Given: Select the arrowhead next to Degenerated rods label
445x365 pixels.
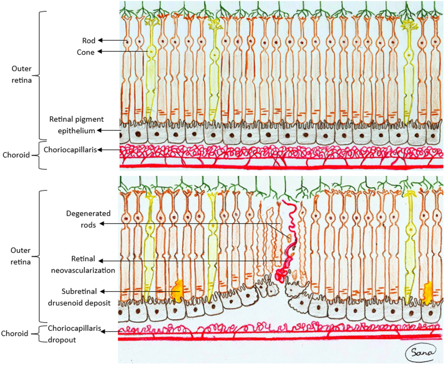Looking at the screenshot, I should pyautogui.click(x=102, y=224).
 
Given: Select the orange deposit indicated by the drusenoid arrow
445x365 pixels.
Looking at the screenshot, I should pyautogui.click(x=178, y=290).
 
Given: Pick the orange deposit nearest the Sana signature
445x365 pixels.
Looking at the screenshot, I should pyautogui.click(x=428, y=291).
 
